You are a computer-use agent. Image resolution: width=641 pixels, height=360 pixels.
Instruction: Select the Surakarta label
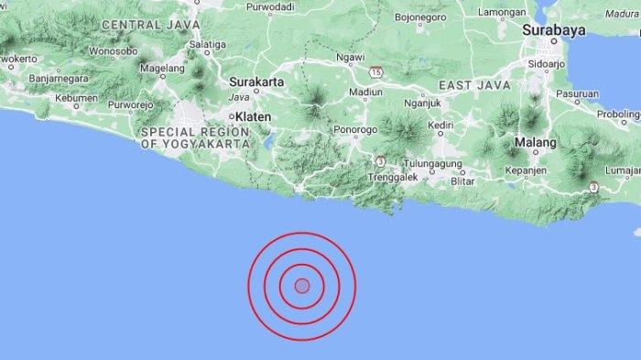click(x=257, y=82)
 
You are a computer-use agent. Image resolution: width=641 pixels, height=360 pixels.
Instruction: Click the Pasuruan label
click(x=577, y=93)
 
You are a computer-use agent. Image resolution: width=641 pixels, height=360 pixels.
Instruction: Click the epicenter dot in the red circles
click(x=302, y=286)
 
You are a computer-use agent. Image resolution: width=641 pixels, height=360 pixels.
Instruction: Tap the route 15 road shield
click(x=376, y=71)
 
